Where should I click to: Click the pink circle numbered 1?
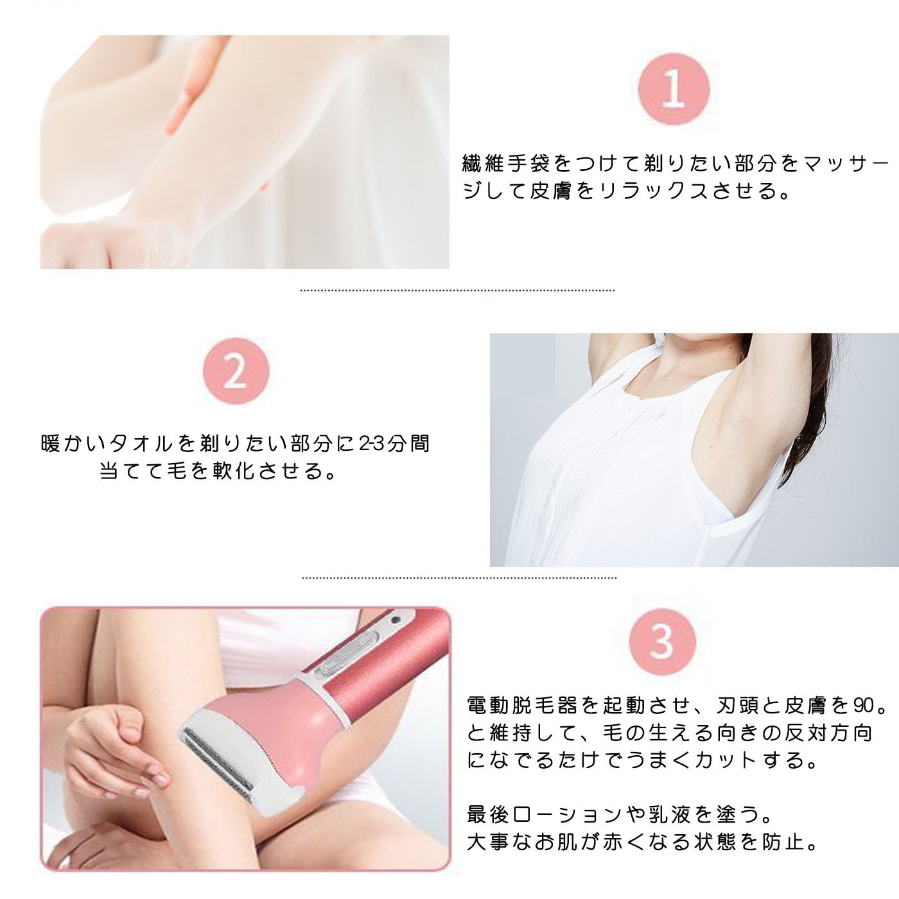673,89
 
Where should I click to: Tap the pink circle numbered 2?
236,371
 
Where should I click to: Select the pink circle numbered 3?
662,642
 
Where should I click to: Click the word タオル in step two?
141,443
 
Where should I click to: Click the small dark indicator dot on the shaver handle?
397,620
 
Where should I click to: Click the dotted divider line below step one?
457,290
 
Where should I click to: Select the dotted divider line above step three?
459,577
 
